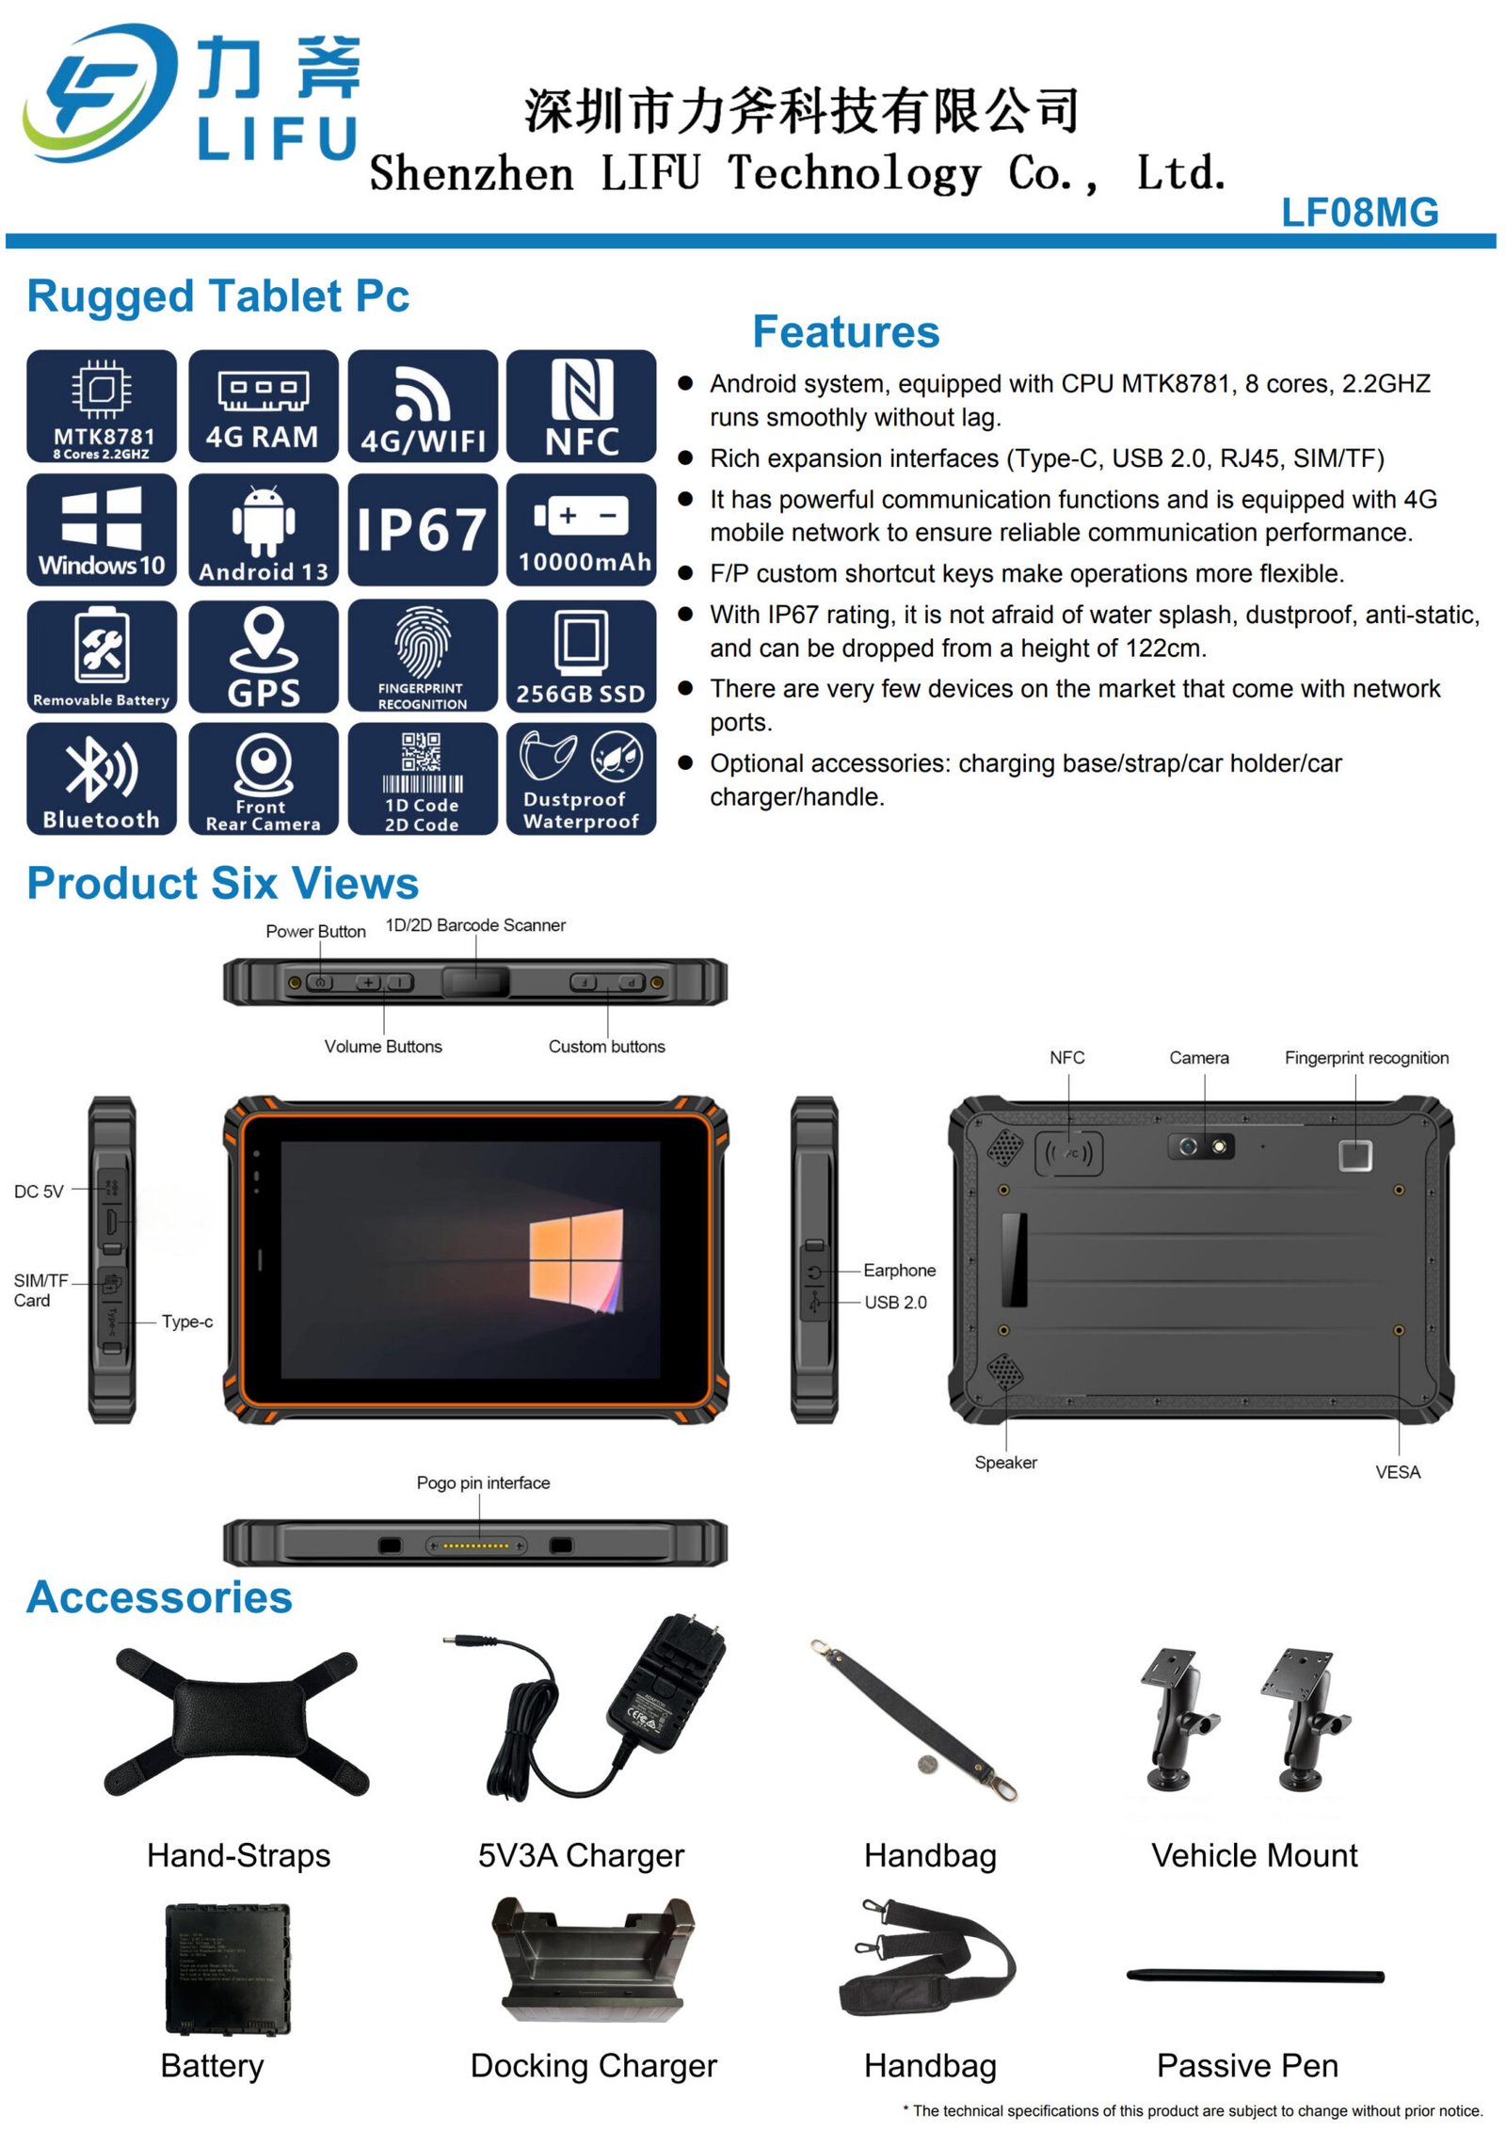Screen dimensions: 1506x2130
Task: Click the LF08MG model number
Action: point(1359,213)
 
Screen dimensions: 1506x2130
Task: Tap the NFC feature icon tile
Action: point(581,406)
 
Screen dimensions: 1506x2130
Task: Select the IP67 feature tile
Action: point(423,529)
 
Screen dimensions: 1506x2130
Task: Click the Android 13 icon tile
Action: point(264,529)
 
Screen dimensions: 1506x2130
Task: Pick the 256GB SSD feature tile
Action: point(581,655)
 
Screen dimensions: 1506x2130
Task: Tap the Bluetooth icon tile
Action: point(102,778)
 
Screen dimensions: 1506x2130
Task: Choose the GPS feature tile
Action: point(264,655)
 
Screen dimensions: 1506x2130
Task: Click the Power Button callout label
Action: point(315,931)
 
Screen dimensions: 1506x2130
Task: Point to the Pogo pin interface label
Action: point(483,1482)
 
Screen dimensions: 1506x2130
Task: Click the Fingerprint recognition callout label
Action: point(1367,1058)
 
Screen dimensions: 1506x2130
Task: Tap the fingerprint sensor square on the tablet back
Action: point(1355,1155)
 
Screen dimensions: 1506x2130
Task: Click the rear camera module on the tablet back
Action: point(1202,1146)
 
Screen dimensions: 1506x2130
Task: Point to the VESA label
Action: point(1398,1472)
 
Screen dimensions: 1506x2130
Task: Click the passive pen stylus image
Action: point(1256,1976)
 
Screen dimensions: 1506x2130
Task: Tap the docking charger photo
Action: point(593,1960)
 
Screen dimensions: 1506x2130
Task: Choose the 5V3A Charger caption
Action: point(581,1855)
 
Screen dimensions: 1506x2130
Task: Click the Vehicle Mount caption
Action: point(1255,1855)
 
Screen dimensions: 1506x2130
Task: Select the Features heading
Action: point(846,331)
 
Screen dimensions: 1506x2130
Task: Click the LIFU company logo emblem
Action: point(99,93)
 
